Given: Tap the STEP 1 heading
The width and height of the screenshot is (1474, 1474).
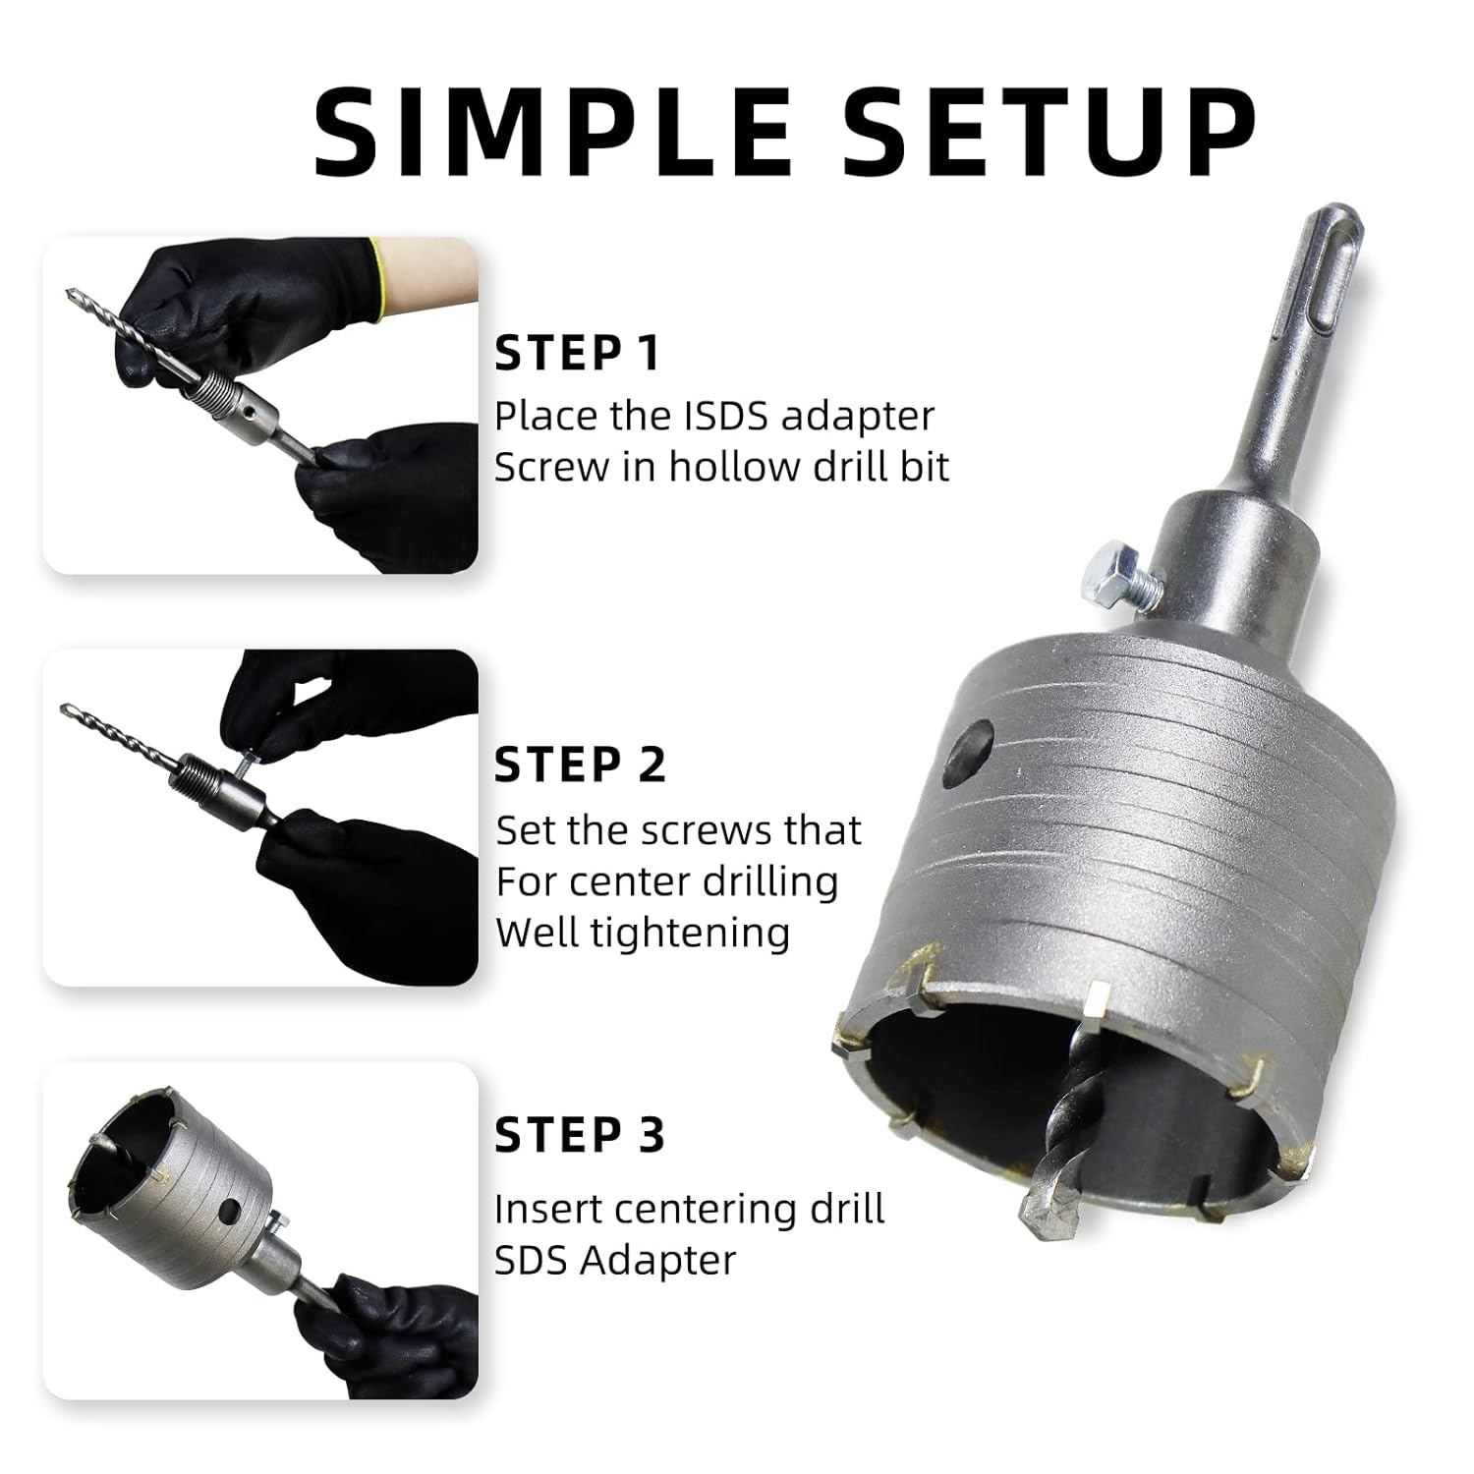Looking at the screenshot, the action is pos(577,353).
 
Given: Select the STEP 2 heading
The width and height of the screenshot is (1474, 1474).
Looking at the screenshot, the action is pos(580,765).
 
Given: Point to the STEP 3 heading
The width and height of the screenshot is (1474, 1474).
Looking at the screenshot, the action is pos(580,1135).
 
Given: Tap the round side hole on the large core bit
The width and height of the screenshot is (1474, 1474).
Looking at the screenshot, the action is pos(967,754).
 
